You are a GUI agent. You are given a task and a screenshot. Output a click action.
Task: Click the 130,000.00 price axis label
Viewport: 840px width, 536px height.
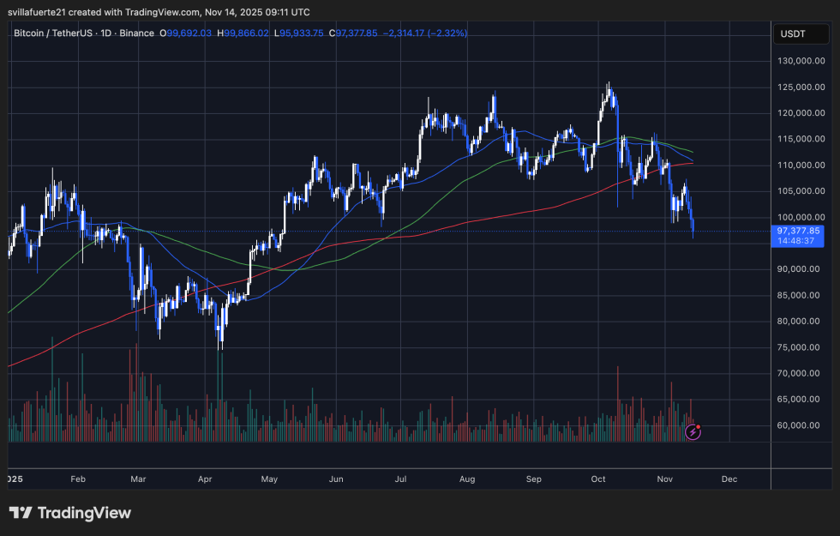pos(801,61)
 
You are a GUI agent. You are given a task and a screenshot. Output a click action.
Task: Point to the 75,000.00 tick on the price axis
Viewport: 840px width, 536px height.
pos(801,347)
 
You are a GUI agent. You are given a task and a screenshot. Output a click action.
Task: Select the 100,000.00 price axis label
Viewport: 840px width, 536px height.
pos(801,217)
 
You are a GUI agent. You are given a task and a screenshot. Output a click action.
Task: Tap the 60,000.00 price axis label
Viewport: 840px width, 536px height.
pos(801,425)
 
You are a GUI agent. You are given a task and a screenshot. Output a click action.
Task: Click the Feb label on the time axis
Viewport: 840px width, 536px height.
pos(78,479)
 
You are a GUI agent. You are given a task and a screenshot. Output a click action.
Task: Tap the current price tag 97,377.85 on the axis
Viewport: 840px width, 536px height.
pos(799,231)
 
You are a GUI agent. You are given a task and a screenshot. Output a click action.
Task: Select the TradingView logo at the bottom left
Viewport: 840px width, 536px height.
pos(70,513)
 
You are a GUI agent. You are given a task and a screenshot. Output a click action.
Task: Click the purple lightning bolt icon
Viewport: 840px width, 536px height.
pos(693,432)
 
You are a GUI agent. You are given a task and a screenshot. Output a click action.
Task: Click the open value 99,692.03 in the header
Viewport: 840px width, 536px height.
pos(189,33)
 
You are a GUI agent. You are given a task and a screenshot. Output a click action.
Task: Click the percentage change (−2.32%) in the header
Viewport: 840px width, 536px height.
pos(443,33)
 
